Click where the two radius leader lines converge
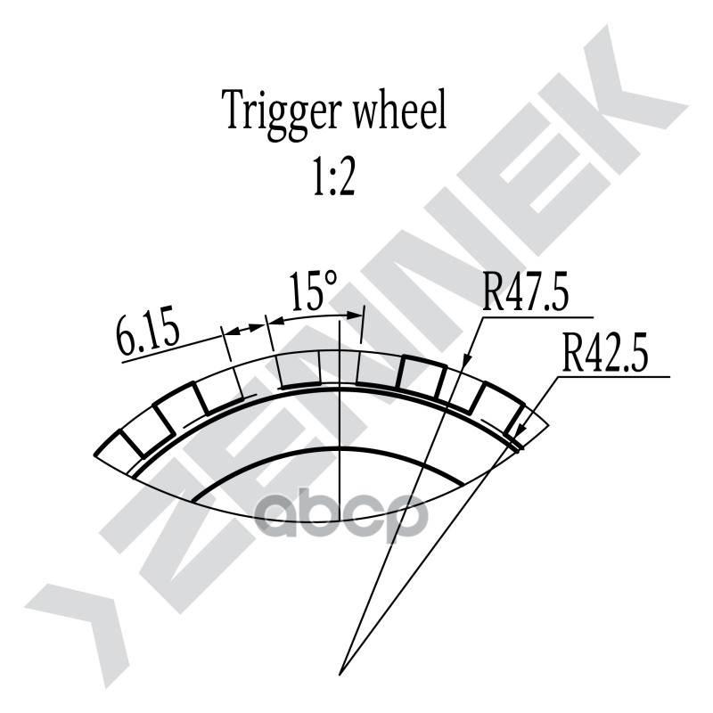(346, 668)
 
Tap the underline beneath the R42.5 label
(615, 376)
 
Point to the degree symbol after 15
(331, 278)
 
